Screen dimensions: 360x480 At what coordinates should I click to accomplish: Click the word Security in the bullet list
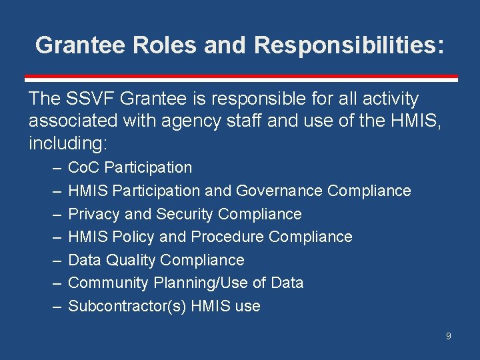(185, 214)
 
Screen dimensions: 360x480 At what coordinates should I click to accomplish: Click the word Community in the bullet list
(109, 283)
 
